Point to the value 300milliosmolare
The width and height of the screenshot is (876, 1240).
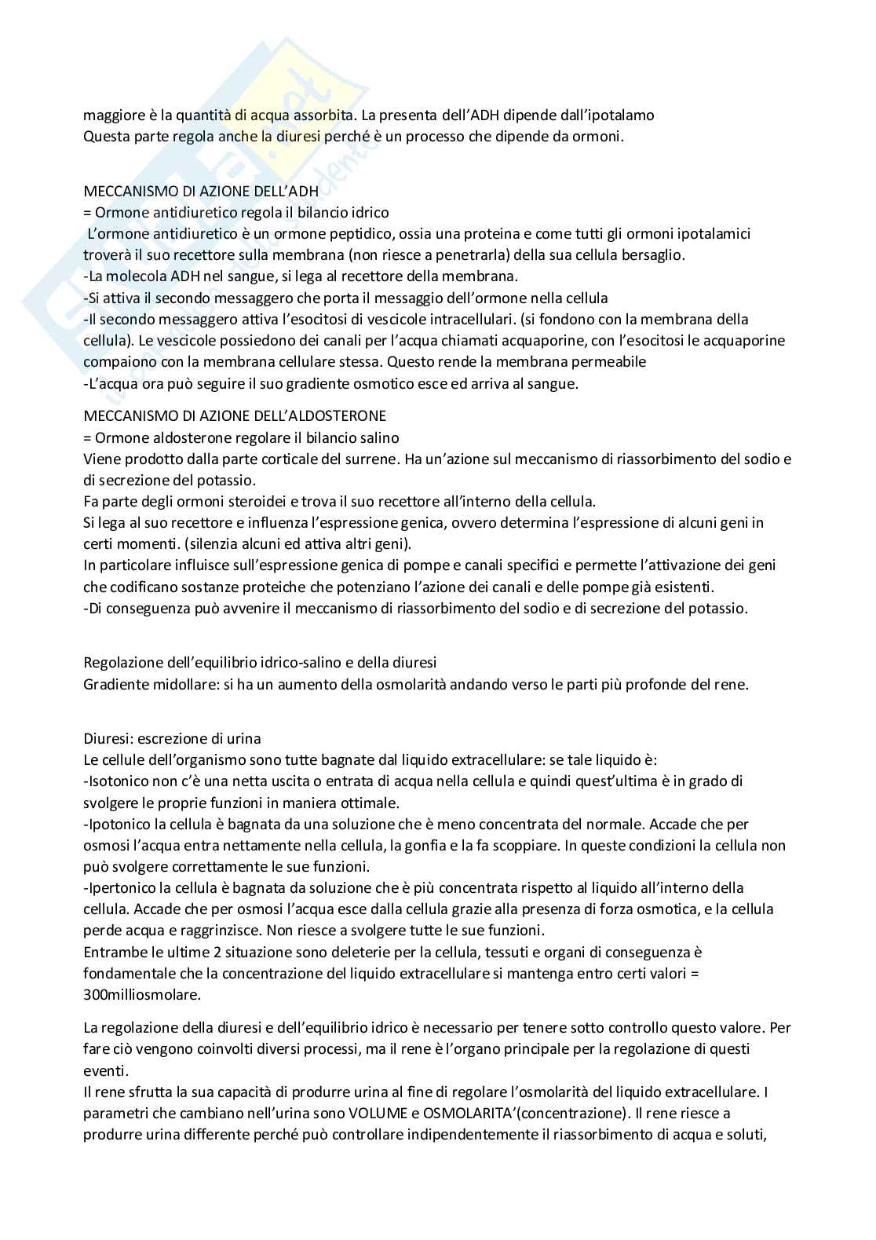click(x=141, y=994)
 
